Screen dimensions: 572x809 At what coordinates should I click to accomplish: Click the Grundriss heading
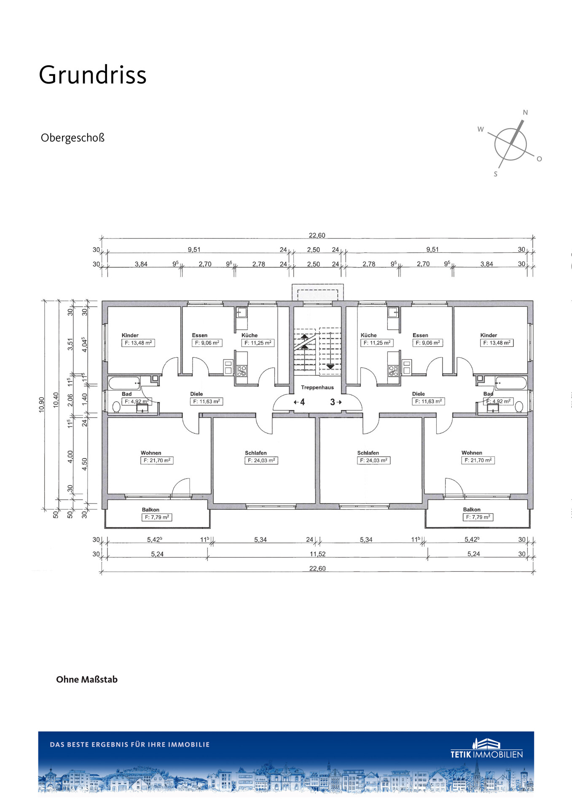coord(93,75)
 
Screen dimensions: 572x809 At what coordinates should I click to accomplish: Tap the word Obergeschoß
coord(73,138)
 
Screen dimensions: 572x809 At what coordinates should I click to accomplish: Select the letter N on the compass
coord(525,113)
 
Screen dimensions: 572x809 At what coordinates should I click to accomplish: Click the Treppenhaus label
coord(317,387)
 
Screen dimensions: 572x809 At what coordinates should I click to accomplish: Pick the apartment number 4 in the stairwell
coord(302,402)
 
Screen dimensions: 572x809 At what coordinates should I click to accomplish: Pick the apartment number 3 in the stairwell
coord(333,402)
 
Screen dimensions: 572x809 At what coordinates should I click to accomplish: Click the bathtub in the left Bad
coord(124,383)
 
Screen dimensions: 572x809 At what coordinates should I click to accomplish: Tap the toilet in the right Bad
coord(519,407)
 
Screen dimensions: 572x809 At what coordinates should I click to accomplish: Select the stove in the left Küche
coord(242,371)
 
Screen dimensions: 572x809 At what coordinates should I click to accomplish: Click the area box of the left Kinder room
coord(138,343)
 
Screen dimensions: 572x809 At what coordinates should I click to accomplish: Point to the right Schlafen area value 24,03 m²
coord(374,461)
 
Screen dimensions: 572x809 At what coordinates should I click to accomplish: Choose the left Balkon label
coord(150,509)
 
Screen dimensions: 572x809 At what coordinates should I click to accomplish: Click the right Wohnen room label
coord(472,453)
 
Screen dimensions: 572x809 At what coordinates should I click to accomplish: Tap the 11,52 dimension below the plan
coord(317,554)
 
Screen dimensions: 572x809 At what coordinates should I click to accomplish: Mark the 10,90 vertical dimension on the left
coord(41,404)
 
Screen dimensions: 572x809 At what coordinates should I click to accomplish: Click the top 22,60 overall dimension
coord(317,236)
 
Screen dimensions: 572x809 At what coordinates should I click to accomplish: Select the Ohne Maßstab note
coord(87,679)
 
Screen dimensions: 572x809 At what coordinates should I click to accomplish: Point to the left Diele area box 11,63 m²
coord(207,402)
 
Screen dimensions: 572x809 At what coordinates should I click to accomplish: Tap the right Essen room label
coord(420,335)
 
